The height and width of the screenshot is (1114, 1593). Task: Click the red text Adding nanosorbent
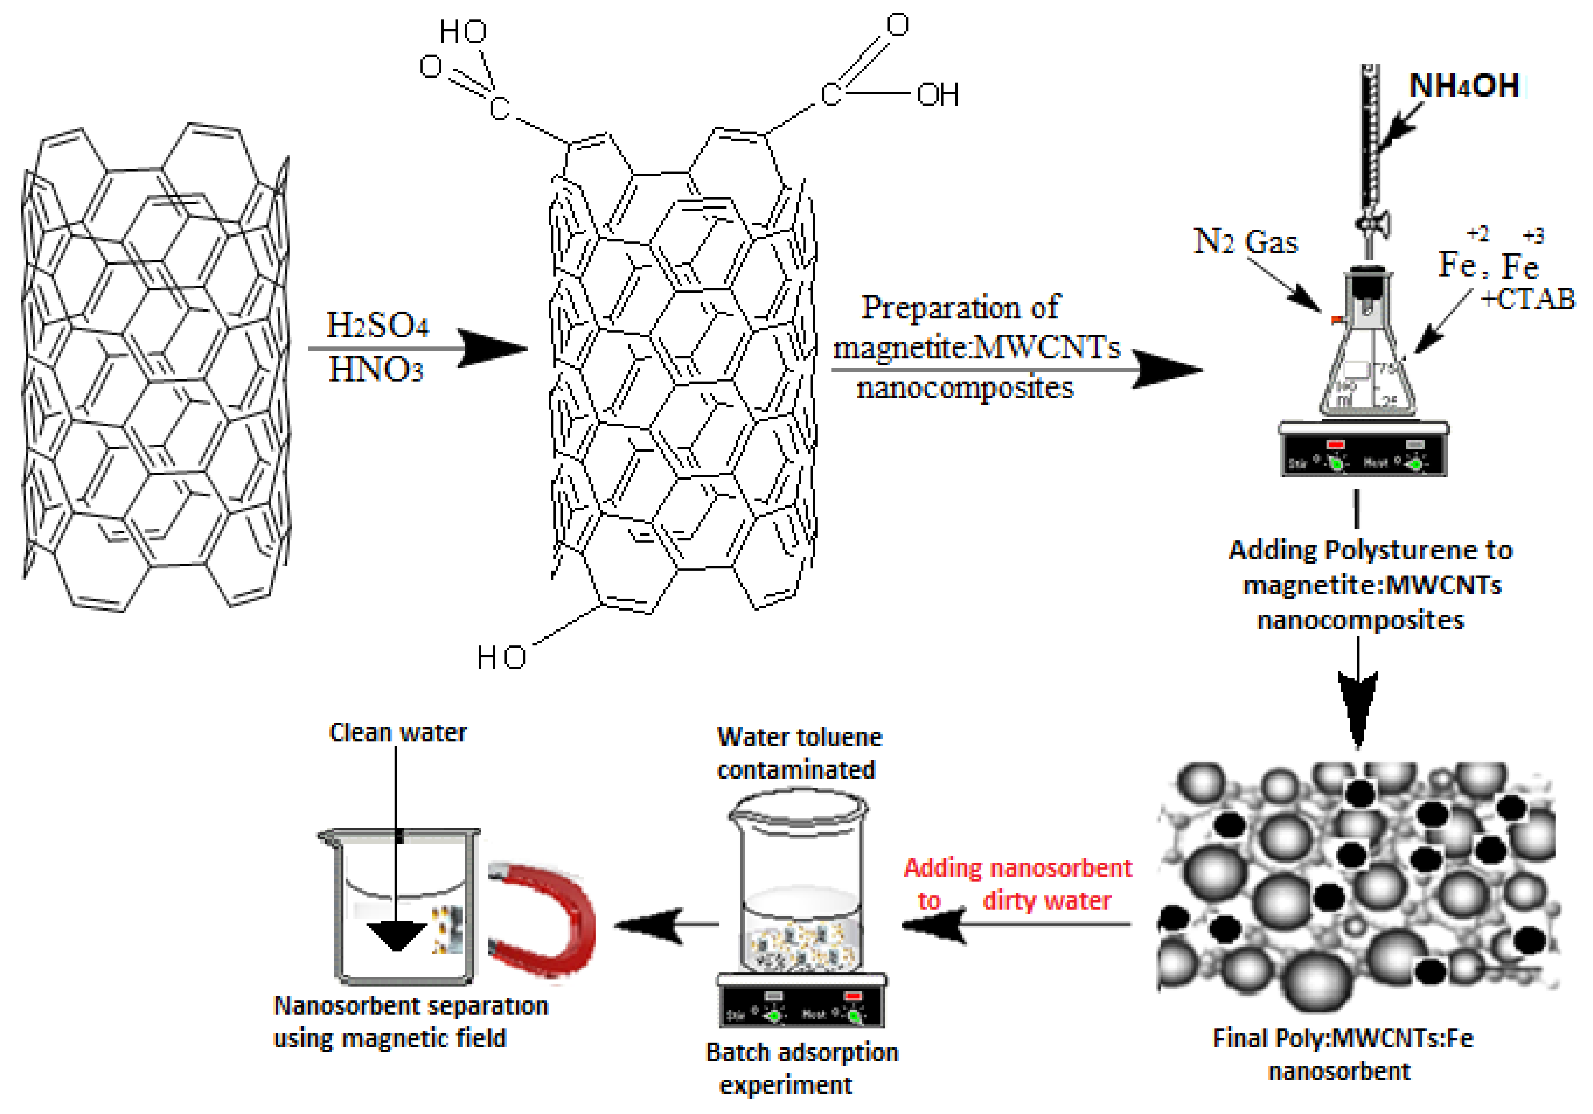[x=1017, y=868]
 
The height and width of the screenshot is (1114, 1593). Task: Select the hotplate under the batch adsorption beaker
[x=801, y=1001]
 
